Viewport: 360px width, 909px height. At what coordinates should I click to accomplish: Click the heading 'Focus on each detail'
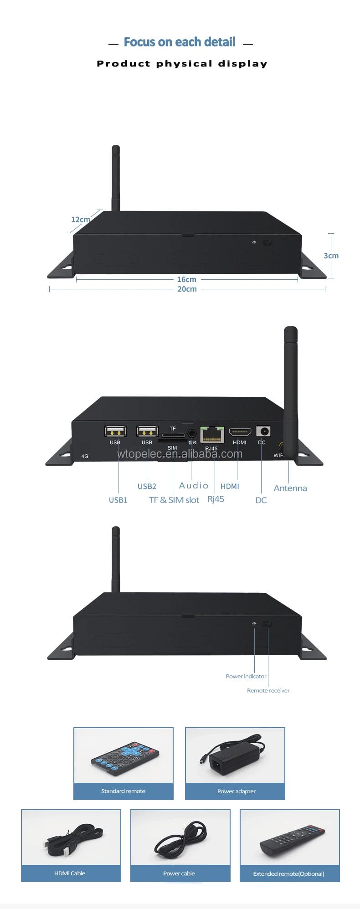click(180, 42)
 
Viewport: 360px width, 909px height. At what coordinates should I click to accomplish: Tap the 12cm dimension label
click(80, 220)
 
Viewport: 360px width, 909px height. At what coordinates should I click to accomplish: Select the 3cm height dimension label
click(331, 256)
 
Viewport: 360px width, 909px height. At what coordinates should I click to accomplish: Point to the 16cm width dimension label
click(186, 279)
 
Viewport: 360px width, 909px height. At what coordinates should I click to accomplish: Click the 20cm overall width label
click(187, 289)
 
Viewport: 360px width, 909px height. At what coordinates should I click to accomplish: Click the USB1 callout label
click(118, 500)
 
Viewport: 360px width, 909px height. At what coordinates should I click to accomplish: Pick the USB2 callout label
click(147, 486)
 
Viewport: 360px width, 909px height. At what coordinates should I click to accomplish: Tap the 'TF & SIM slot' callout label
click(174, 500)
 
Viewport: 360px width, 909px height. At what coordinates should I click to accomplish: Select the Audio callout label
click(194, 486)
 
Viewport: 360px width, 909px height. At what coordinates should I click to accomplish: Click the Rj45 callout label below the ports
click(216, 499)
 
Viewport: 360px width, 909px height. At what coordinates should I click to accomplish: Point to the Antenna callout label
click(290, 488)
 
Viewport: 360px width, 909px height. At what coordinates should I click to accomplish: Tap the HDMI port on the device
click(240, 431)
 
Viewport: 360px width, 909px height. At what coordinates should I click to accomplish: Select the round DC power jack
click(263, 431)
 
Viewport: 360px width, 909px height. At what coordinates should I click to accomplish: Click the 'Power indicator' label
click(246, 676)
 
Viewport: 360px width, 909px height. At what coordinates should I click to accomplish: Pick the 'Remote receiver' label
click(268, 690)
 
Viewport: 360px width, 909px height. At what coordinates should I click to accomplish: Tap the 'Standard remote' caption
click(123, 791)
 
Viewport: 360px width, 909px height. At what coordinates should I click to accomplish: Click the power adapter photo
click(235, 757)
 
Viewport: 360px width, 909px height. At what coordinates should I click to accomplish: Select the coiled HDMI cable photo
click(71, 837)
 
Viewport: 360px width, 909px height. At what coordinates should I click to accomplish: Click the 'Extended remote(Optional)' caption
click(288, 873)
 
